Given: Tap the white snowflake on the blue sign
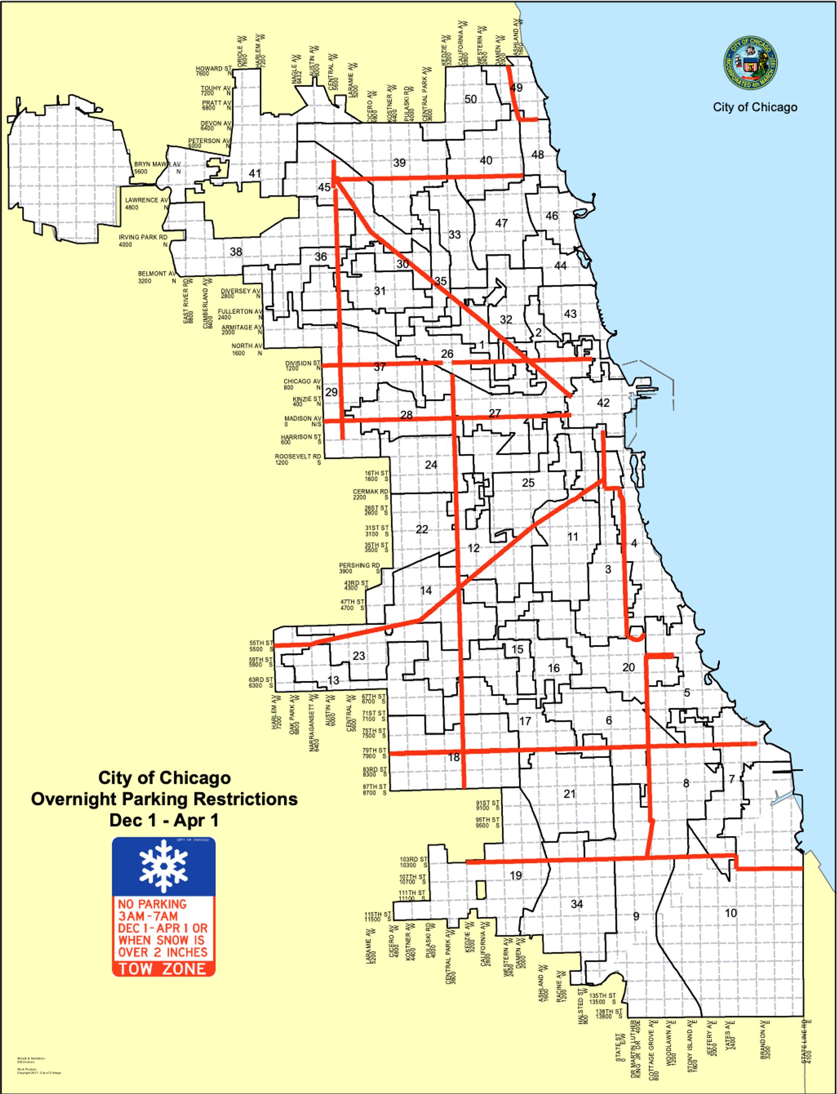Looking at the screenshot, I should click(163, 866).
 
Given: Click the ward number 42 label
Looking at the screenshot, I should click(603, 403).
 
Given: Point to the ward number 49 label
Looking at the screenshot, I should click(517, 88).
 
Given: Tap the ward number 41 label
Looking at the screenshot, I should click(255, 174).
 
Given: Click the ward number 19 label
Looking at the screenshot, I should click(516, 875).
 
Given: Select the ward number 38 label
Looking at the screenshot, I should click(236, 252).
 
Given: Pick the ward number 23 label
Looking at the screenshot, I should click(359, 656).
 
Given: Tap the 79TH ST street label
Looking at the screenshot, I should click(374, 750).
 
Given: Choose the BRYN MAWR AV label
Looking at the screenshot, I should click(157, 164).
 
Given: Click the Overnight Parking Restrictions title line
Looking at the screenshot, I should click(164, 799).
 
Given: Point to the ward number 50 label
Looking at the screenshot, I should click(470, 99).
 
